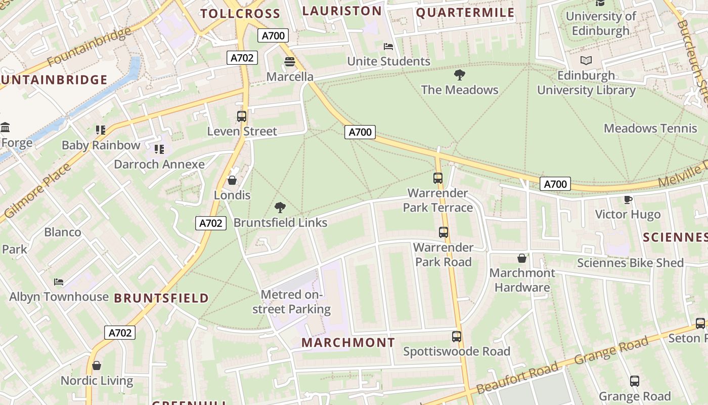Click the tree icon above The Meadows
click(x=459, y=75)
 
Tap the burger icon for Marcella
click(x=290, y=62)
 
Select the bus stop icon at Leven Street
click(x=242, y=116)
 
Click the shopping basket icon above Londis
click(x=232, y=180)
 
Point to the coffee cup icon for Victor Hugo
click(x=628, y=199)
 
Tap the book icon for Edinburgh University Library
click(x=586, y=61)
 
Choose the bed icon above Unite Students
click(x=388, y=47)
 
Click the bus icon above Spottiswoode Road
click(x=457, y=337)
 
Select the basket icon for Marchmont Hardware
click(x=522, y=259)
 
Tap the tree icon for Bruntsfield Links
click(x=280, y=207)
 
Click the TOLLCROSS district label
click(x=240, y=14)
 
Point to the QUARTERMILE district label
click(x=465, y=13)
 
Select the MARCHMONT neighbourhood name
click(x=348, y=343)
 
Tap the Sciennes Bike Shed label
click(x=630, y=263)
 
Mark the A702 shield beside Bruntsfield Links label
click(x=210, y=223)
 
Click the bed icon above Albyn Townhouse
click(x=59, y=281)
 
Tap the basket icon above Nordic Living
click(x=97, y=366)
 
